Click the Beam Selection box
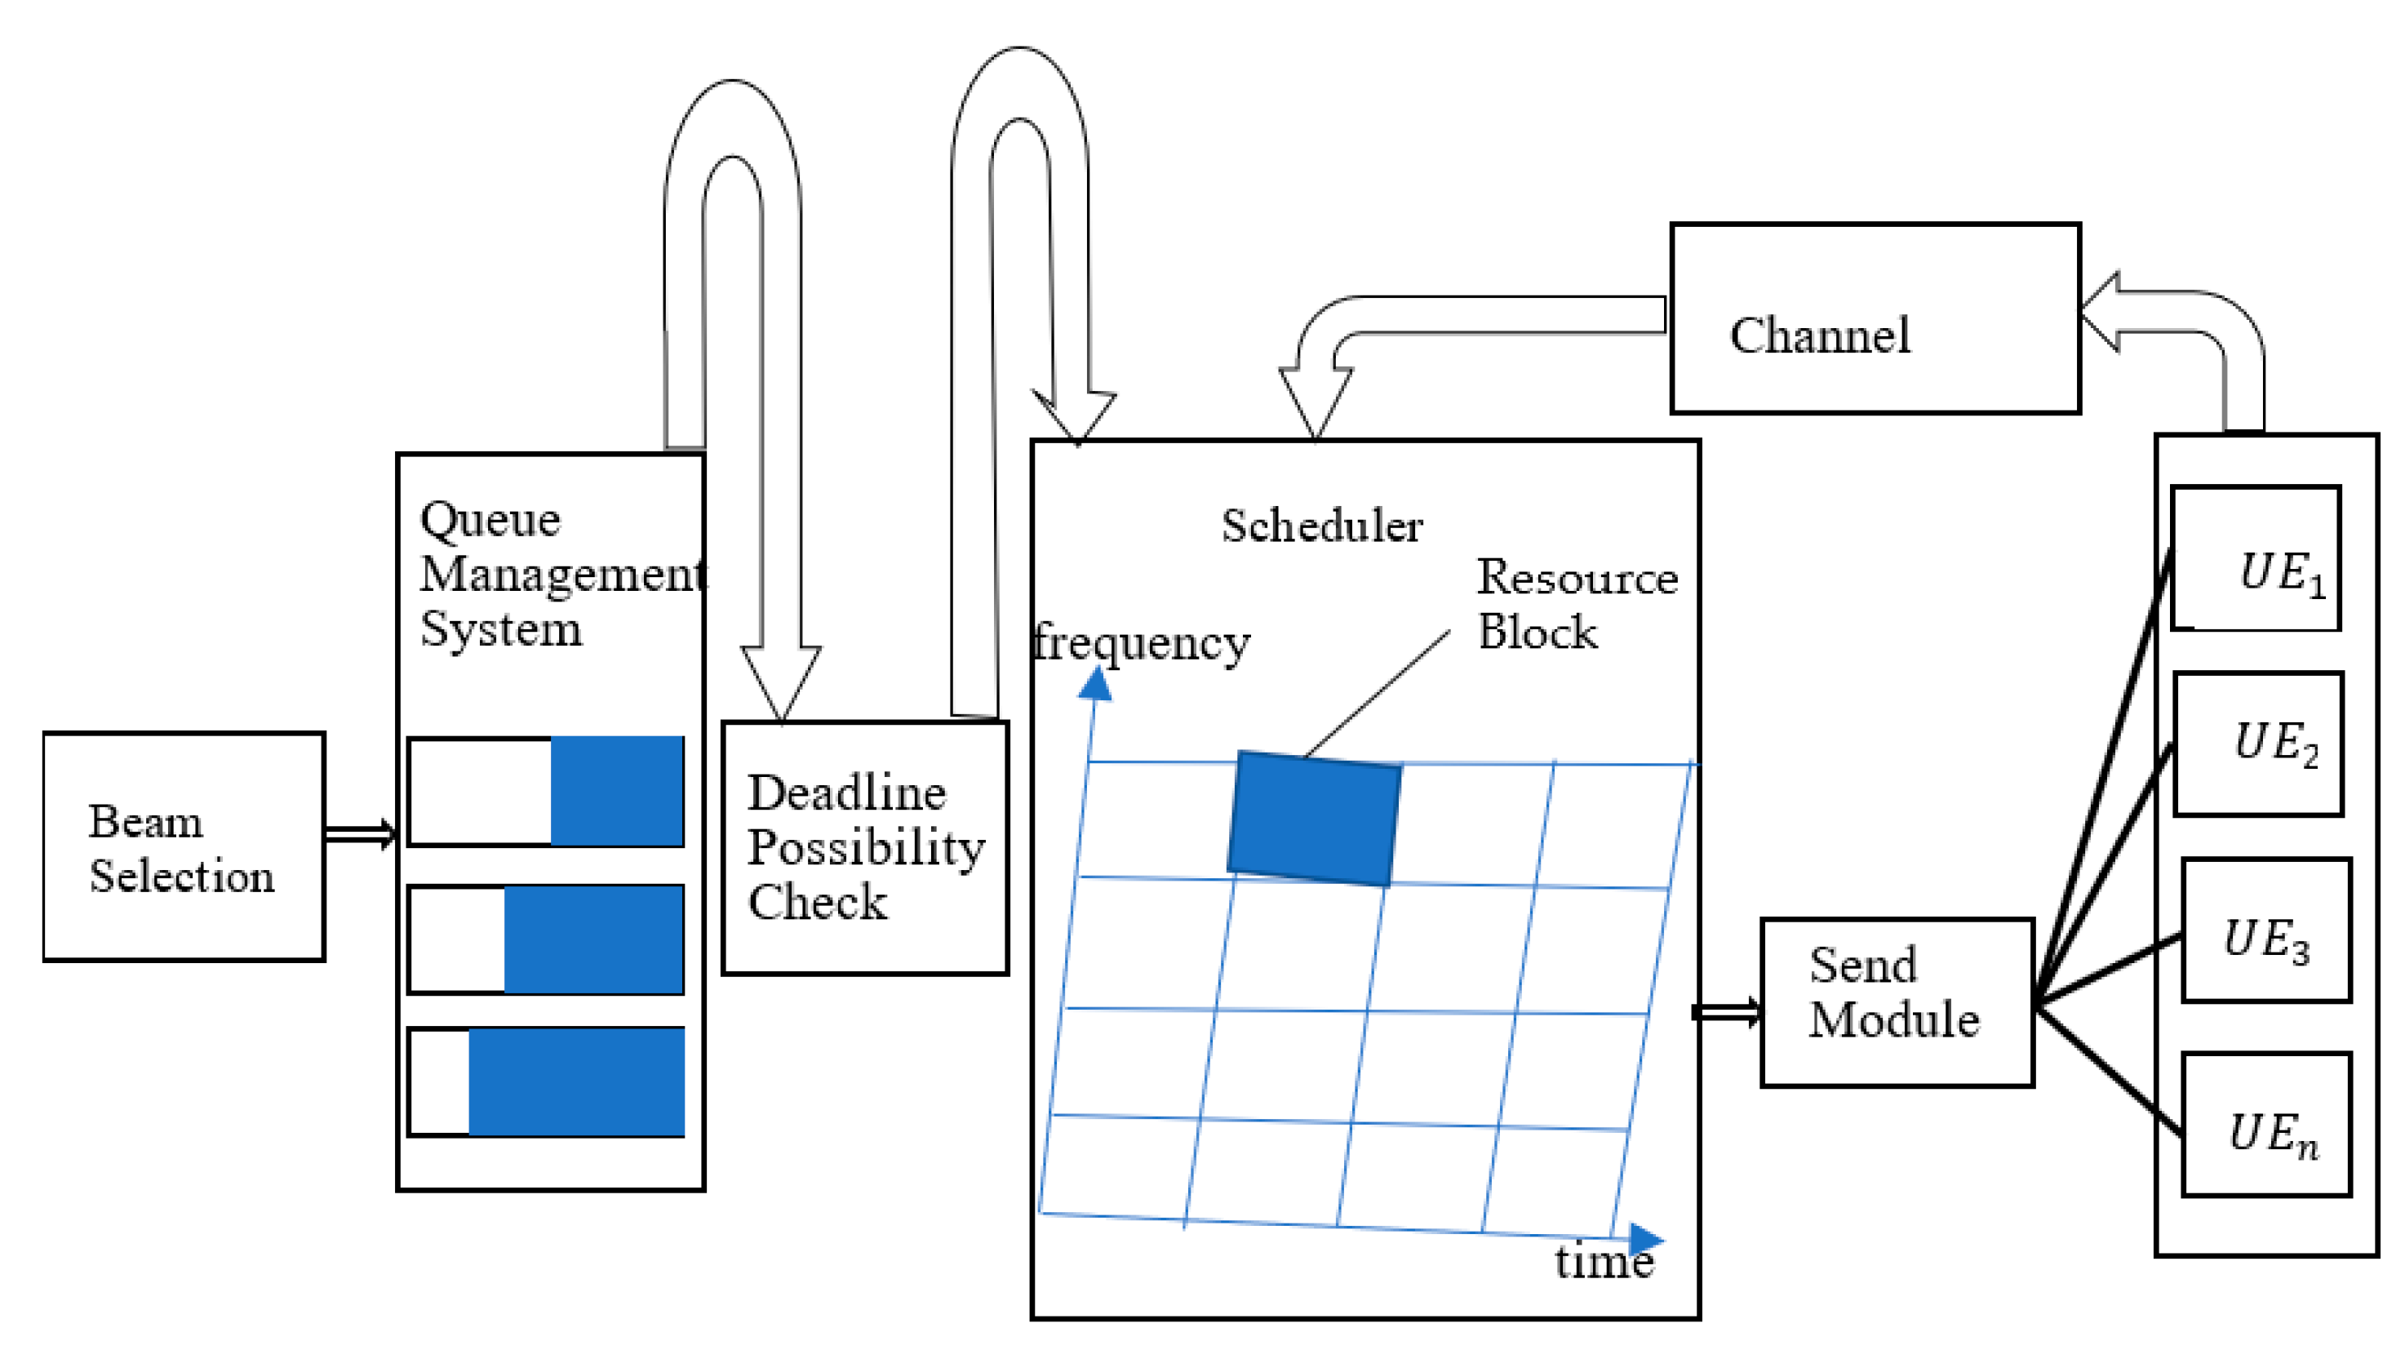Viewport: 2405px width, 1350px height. click(x=184, y=846)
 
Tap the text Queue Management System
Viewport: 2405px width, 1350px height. click(x=551, y=573)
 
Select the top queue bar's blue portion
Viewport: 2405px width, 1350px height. click(x=616, y=791)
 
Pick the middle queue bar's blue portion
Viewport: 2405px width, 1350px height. click(x=594, y=939)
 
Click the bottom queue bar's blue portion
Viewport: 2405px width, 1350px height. click(x=576, y=1082)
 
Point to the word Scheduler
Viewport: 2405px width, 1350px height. click(x=1322, y=526)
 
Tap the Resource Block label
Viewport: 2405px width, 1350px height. click(x=1576, y=604)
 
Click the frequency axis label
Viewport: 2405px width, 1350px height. click(x=1141, y=642)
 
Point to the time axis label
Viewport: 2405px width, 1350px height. click(x=1603, y=1262)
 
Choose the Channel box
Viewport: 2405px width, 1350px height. click(x=1875, y=318)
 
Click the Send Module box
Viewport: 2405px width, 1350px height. click(x=1897, y=1002)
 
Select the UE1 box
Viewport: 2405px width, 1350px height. click(x=2255, y=558)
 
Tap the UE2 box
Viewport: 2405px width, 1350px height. click(x=2257, y=744)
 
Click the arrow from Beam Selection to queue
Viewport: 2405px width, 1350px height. click(x=361, y=833)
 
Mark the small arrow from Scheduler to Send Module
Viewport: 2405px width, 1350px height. click(x=1727, y=1012)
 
